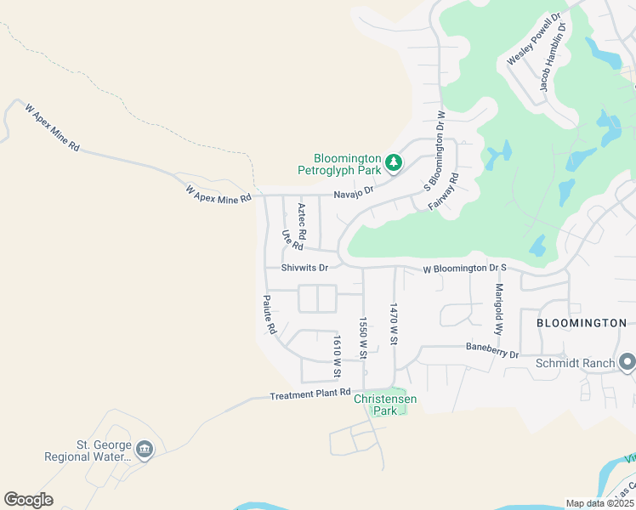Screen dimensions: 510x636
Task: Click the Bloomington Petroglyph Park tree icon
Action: [x=394, y=161]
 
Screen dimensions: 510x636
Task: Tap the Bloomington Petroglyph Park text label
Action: [x=346, y=164]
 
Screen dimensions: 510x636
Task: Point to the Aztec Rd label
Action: [x=302, y=220]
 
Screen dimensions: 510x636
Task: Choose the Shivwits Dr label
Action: [x=304, y=267]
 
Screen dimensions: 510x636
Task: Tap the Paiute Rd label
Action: [x=270, y=314]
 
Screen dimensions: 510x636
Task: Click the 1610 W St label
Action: [x=338, y=356]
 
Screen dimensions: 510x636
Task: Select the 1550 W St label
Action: [x=363, y=337]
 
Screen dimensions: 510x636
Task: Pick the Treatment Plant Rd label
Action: [x=309, y=394]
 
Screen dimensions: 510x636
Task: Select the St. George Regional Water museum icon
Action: [x=145, y=449]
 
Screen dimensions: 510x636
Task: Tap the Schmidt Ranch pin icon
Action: [x=627, y=363]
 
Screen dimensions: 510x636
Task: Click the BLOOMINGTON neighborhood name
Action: [x=582, y=323]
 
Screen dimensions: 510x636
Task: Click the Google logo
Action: [x=28, y=499]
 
